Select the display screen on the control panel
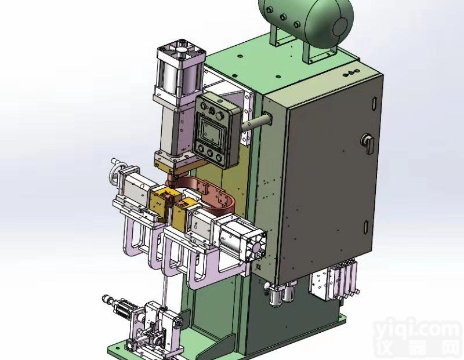(x=211, y=129)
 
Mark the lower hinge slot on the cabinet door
(x=366, y=227)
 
